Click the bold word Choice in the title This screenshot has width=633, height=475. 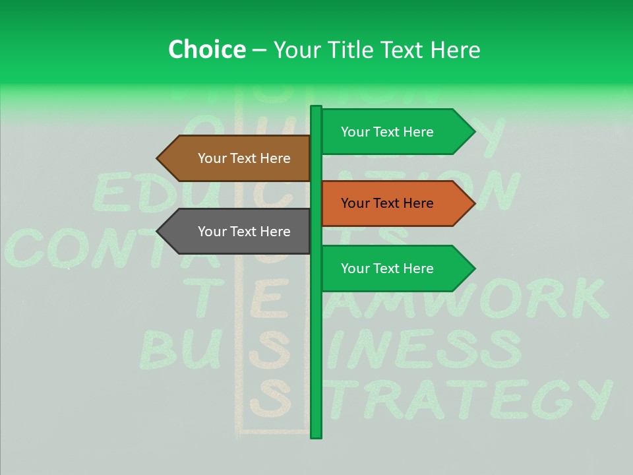point(206,50)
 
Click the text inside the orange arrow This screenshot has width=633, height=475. point(387,203)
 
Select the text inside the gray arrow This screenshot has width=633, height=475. point(244,232)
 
